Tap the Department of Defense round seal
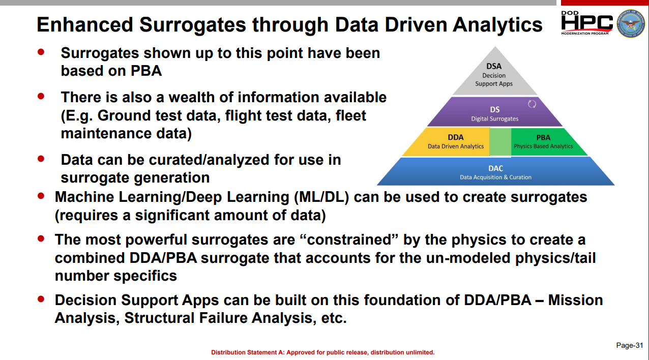631,23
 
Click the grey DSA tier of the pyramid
495,75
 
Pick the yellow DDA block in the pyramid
452,142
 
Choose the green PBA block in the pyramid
545,142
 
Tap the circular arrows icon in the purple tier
532,104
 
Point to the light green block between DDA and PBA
500,142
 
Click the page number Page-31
630,345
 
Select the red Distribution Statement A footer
323,352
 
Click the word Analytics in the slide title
497,25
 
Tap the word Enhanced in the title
84,24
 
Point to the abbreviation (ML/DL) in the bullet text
321,197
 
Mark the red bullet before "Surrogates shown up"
41,52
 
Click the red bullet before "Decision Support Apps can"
41,299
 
